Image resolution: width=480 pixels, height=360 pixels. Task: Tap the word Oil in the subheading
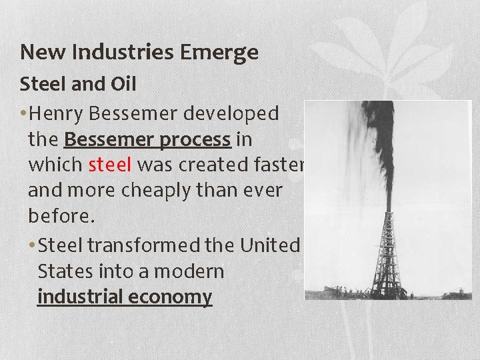pyautogui.click(x=125, y=85)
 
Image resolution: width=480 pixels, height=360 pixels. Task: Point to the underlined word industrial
pyautogui.click(x=81, y=297)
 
